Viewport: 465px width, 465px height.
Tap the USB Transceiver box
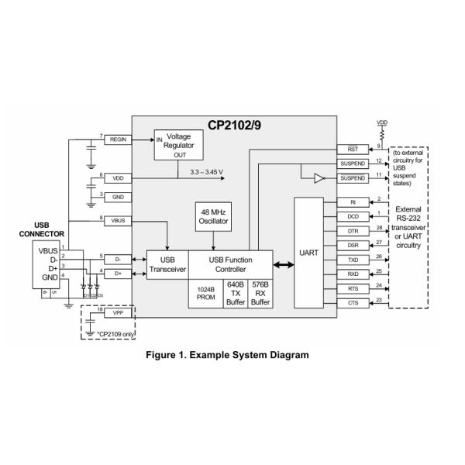[167, 264]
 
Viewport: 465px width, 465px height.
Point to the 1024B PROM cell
[205, 292]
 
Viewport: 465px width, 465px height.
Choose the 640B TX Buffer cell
[234, 292]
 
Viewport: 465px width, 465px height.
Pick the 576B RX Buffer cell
[260, 292]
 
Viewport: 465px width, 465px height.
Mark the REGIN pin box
[119, 139]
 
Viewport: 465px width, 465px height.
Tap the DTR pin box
[353, 231]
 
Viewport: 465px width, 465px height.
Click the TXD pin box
[353, 260]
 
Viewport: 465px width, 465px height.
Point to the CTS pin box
[353, 301]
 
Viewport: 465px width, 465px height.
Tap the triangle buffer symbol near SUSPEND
[318, 179]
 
